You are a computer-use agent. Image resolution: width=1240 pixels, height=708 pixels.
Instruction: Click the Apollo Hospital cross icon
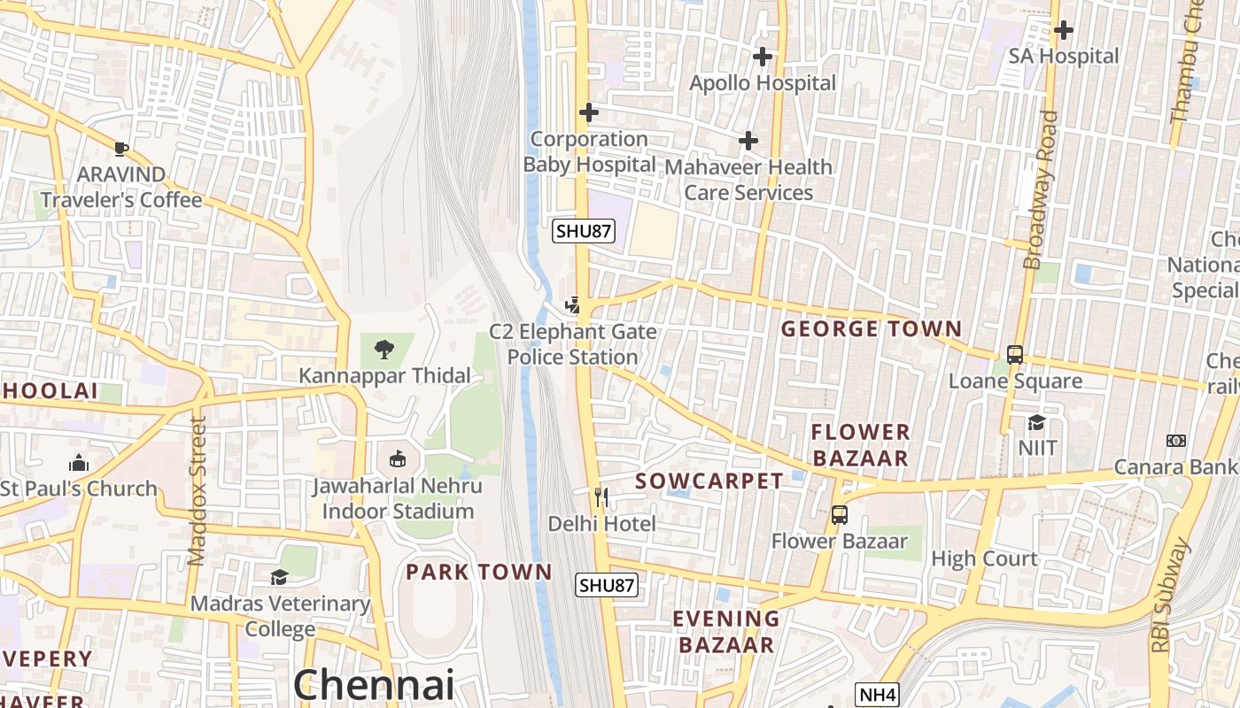click(x=762, y=57)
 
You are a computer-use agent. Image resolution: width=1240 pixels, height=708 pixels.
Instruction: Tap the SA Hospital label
click(x=1064, y=56)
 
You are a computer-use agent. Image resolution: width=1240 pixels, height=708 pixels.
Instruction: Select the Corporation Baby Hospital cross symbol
click(x=588, y=112)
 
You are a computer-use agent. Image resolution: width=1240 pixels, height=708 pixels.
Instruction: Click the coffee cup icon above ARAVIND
click(x=121, y=148)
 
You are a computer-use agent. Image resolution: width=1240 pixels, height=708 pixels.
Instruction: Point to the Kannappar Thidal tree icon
click(x=384, y=350)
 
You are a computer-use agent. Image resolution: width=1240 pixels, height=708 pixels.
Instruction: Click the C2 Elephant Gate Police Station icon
click(x=573, y=305)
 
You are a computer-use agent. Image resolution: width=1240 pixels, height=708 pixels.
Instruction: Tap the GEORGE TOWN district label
click(x=871, y=329)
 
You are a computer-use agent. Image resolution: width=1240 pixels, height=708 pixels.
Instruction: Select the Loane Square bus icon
click(x=1015, y=355)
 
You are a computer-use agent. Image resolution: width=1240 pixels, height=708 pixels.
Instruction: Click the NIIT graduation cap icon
click(x=1036, y=422)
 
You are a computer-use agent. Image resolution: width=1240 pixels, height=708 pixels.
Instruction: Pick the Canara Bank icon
click(x=1176, y=441)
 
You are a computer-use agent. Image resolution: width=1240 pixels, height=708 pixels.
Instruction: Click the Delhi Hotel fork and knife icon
click(x=601, y=497)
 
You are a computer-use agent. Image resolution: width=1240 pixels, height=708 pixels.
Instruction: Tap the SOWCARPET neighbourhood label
click(x=709, y=481)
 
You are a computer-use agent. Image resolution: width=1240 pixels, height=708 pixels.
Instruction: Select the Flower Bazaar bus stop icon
click(x=839, y=514)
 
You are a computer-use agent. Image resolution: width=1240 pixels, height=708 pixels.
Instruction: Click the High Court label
click(x=984, y=558)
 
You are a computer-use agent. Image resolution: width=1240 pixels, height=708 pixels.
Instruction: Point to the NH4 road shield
click(x=876, y=695)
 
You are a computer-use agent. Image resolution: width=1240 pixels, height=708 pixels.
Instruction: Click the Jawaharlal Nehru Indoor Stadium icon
click(x=398, y=459)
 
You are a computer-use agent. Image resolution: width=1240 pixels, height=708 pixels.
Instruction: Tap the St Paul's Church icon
click(x=79, y=463)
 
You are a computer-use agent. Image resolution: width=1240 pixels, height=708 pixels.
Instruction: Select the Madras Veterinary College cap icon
click(x=280, y=577)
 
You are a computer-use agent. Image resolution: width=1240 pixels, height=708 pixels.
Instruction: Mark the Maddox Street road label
click(x=198, y=491)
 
